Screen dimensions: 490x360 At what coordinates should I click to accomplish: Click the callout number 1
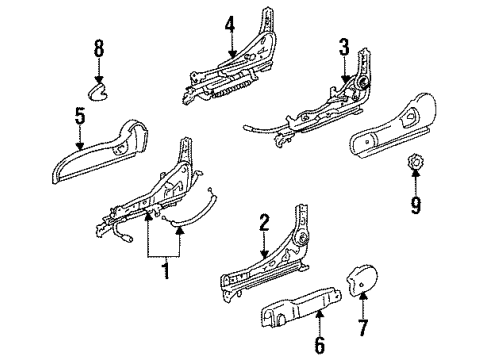pyautogui.click(x=166, y=270)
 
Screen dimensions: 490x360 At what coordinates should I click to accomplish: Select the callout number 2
pyautogui.click(x=264, y=223)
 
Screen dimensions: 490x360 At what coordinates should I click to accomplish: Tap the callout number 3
pyautogui.click(x=344, y=47)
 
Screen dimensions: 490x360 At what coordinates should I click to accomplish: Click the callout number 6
pyautogui.click(x=319, y=345)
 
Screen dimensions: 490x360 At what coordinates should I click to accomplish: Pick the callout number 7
pyautogui.click(x=363, y=328)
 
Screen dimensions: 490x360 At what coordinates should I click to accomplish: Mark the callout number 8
pyautogui.click(x=99, y=48)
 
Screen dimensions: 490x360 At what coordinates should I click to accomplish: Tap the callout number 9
pyautogui.click(x=415, y=205)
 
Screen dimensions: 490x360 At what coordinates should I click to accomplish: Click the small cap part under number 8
pyautogui.click(x=98, y=92)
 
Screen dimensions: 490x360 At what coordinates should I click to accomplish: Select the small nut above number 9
pyautogui.click(x=414, y=162)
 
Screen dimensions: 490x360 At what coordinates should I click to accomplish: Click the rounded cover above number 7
pyautogui.click(x=363, y=280)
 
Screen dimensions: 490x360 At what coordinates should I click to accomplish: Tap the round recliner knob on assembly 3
pyautogui.click(x=362, y=81)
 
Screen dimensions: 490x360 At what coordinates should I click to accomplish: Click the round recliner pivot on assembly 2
pyautogui.click(x=303, y=238)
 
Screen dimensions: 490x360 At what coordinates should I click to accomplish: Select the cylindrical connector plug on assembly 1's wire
pyautogui.click(x=127, y=238)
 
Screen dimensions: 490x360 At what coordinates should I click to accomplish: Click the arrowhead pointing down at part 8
pyautogui.click(x=99, y=79)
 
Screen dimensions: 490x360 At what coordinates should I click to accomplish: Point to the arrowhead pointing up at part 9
pyautogui.click(x=415, y=173)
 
